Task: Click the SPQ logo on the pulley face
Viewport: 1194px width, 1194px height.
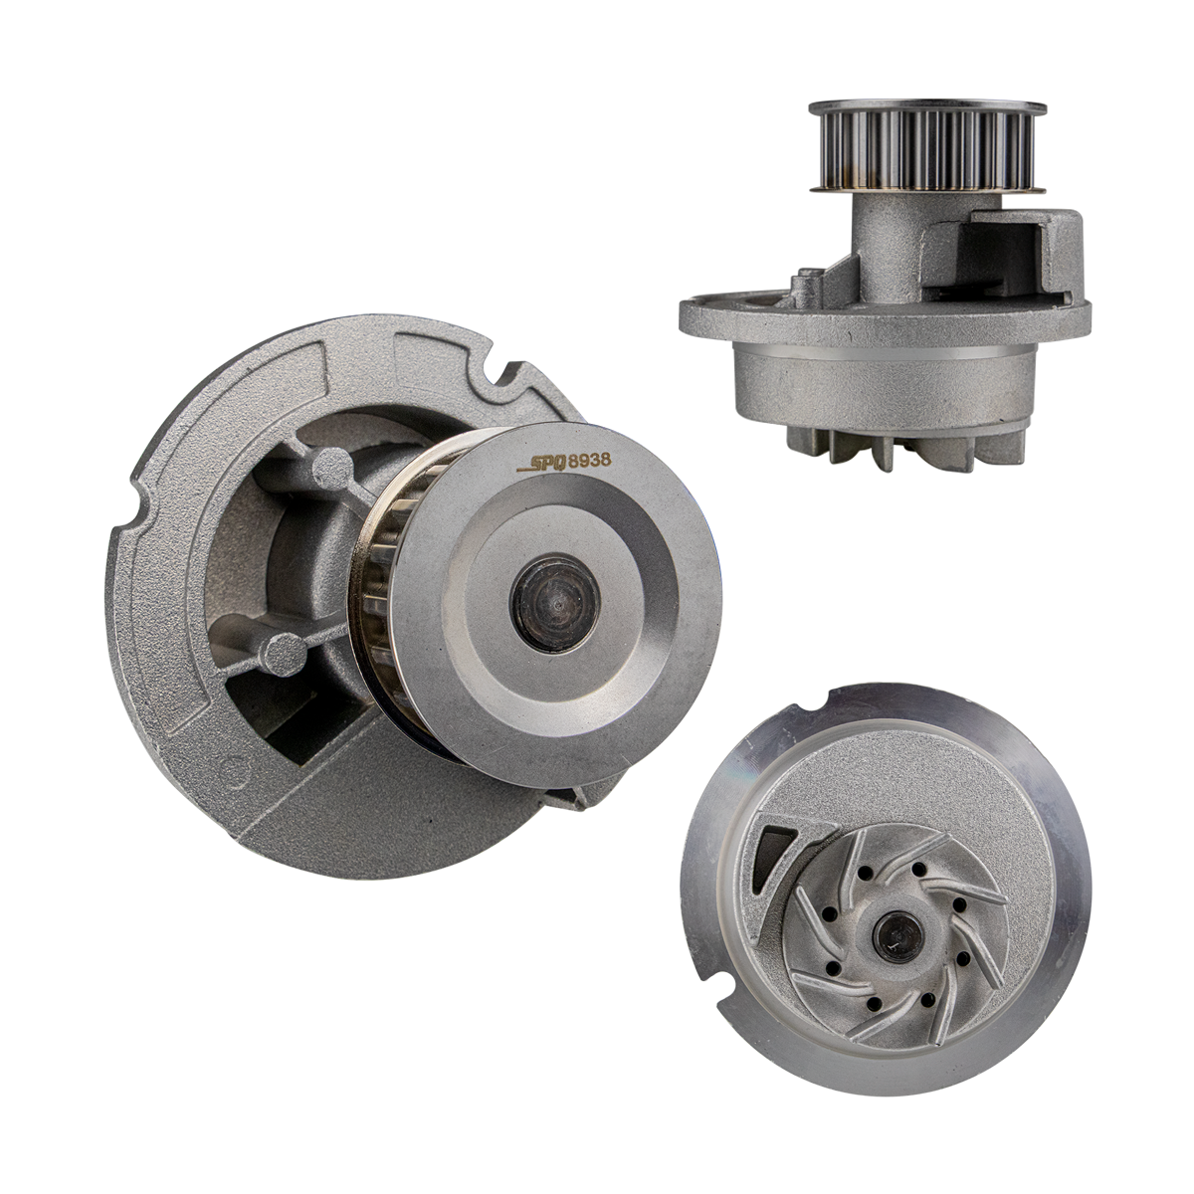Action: [541, 464]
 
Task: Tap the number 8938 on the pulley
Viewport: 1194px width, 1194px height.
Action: [589, 460]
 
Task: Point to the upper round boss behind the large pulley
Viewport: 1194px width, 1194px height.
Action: [332, 470]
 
